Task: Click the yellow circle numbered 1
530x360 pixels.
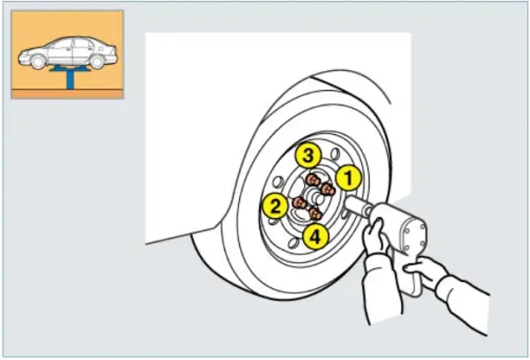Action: pos(349,178)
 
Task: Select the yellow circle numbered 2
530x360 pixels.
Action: pos(275,206)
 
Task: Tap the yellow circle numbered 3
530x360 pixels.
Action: pos(308,156)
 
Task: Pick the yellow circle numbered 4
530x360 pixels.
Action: pos(315,237)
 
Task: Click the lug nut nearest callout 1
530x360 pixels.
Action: pos(328,189)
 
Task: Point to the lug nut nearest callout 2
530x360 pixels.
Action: pos(300,203)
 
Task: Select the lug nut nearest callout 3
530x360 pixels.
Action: pos(313,180)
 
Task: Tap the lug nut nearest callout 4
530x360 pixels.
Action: pos(315,214)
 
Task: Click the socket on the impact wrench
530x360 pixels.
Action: pos(357,205)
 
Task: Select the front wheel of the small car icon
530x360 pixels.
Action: pos(38,62)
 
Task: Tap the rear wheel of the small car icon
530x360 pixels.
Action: pos(97,62)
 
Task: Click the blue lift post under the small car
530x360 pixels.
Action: pos(70,80)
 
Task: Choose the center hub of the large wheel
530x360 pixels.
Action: pos(316,198)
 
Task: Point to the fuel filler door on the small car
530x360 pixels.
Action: pos(101,49)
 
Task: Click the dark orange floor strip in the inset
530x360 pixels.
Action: pos(67,94)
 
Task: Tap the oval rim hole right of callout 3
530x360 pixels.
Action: pos(335,154)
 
